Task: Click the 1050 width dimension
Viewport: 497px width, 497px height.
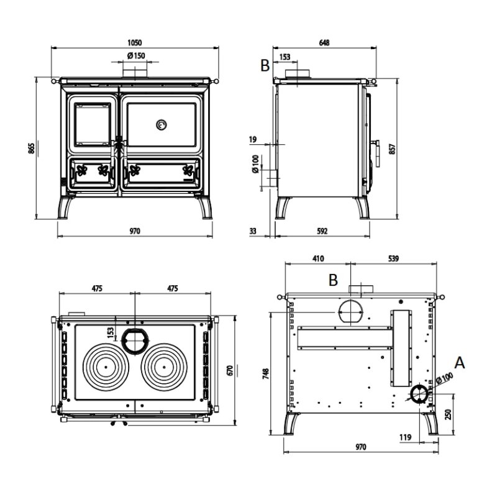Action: click(135, 42)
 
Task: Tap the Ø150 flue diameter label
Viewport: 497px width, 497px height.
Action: click(136, 56)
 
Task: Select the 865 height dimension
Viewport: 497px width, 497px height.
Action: click(31, 148)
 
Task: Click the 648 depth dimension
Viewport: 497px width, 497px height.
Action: click(324, 42)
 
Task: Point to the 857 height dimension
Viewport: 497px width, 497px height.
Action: click(392, 149)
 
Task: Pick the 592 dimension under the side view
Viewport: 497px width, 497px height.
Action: click(322, 231)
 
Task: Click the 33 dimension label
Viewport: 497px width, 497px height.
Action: click(253, 231)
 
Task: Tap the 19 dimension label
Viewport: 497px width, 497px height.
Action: click(253, 139)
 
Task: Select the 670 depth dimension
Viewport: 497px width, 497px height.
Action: click(230, 370)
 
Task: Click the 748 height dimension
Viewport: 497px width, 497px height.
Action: click(266, 373)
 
